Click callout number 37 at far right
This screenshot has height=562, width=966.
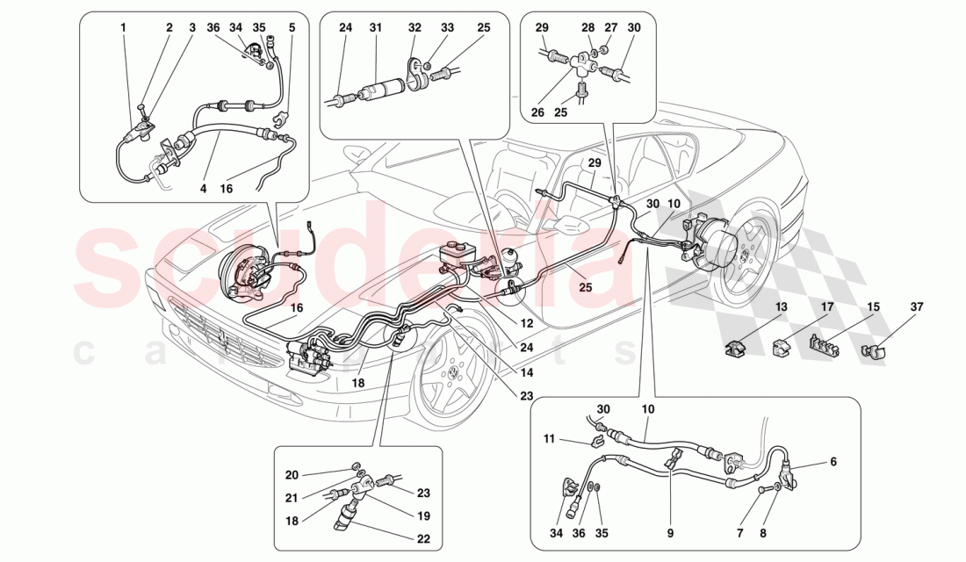(917, 307)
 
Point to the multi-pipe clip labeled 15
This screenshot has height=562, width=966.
(822, 349)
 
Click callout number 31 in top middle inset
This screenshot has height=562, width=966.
(375, 28)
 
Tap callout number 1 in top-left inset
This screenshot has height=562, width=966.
(124, 28)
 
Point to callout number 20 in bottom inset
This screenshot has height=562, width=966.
(292, 475)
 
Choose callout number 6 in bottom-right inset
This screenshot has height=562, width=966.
(833, 460)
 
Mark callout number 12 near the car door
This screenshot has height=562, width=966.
(526, 324)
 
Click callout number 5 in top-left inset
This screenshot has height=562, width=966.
(292, 28)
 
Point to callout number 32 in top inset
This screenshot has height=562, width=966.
(415, 28)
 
